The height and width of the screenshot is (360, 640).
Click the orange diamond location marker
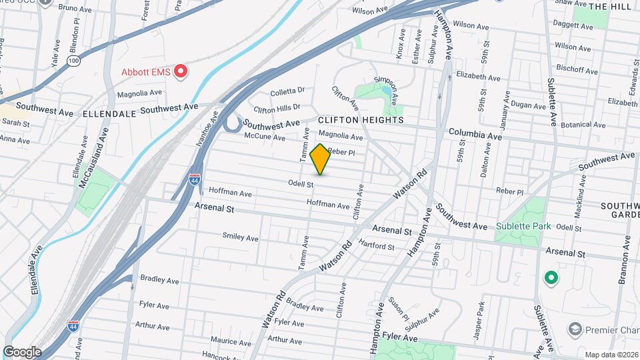(x=320, y=159)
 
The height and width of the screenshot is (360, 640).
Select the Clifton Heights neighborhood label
(x=361, y=120)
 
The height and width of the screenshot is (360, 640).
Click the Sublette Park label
(x=523, y=226)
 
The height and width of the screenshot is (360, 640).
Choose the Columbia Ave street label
(x=475, y=135)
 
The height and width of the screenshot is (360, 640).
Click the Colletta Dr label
(x=287, y=90)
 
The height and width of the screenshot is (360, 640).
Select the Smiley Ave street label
(x=240, y=237)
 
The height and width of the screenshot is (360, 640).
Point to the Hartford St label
(x=377, y=245)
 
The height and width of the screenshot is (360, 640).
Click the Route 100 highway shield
(x=73, y=61)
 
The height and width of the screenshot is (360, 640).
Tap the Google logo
(x=22, y=352)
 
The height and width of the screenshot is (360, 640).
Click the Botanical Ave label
(x=584, y=125)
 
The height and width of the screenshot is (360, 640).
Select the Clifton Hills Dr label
(x=277, y=107)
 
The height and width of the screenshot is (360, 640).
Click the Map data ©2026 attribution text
(x=611, y=355)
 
